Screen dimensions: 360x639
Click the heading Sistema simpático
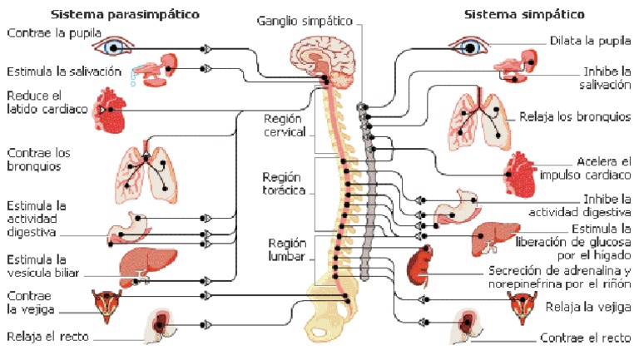[524, 14]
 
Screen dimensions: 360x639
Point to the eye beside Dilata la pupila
[470, 46]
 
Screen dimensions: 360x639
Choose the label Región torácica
[285, 184]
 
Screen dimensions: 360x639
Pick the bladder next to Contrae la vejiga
[106, 306]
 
